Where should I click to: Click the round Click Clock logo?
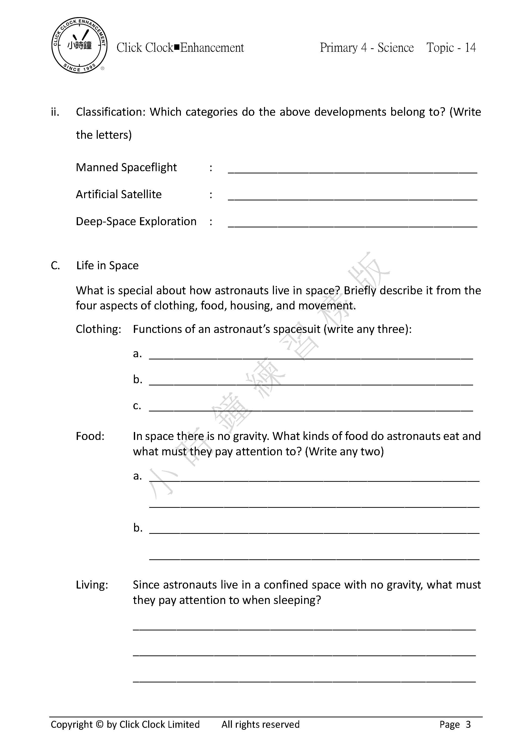coord(79,45)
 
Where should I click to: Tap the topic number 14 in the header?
coord(470,48)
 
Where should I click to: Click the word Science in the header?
coord(395,48)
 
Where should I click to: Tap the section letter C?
coord(55,265)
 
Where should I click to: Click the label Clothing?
coord(98,329)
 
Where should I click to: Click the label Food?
coord(90,436)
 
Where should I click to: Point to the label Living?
coord(92,585)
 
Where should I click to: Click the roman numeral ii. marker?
coord(55,112)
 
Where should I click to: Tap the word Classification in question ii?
coord(111,112)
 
